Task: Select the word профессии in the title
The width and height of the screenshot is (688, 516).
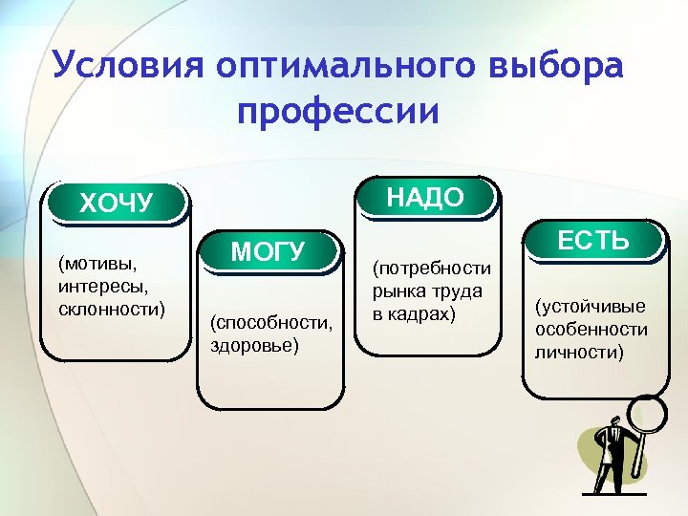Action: (x=339, y=111)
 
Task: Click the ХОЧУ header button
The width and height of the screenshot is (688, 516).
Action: (x=117, y=203)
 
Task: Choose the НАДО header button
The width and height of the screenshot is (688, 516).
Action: (x=425, y=198)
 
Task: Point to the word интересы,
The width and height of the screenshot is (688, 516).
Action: (x=98, y=286)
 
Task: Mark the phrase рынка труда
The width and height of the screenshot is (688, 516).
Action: (x=427, y=291)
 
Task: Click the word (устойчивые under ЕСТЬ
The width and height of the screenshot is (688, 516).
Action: (x=591, y=307)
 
